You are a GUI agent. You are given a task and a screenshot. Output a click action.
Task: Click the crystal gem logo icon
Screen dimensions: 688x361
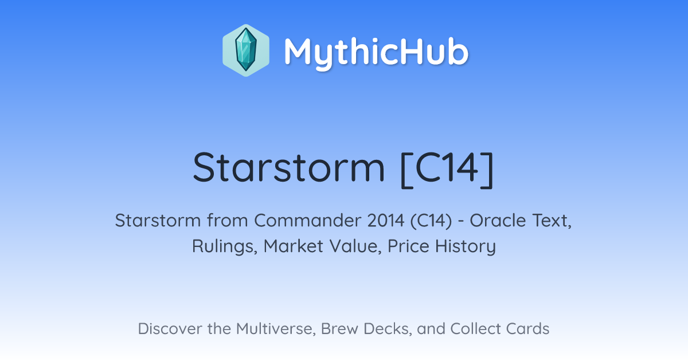246,50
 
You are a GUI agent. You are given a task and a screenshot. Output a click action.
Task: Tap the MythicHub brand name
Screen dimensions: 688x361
376,53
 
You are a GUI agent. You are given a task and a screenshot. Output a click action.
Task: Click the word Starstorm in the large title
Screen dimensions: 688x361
289,167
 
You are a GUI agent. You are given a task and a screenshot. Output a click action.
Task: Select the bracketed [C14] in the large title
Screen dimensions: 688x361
447,169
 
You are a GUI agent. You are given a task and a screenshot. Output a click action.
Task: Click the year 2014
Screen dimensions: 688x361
386,221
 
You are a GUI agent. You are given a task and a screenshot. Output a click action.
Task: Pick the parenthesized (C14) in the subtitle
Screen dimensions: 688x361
431,221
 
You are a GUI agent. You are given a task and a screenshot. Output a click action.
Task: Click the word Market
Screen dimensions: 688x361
294,246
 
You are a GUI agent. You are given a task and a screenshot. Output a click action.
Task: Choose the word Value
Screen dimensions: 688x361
355,246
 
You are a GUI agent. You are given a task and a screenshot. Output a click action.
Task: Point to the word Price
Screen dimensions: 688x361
408,246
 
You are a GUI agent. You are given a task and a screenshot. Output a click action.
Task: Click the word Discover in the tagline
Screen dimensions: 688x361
170,328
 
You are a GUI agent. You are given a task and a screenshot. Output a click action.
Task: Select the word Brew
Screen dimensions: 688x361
339,328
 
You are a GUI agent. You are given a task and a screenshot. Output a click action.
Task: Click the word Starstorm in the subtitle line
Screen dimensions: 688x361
158,221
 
